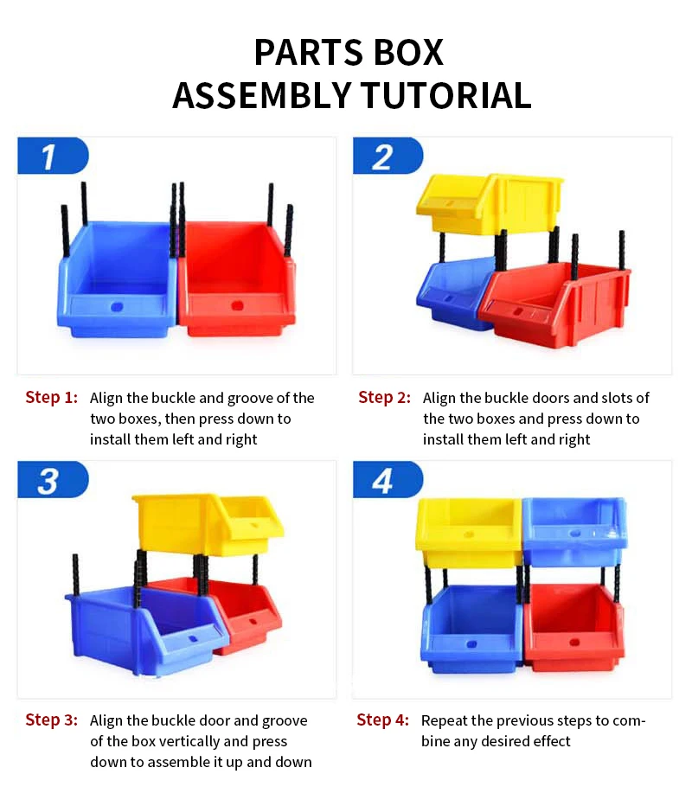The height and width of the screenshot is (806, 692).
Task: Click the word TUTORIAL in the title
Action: click(x=446, y=95)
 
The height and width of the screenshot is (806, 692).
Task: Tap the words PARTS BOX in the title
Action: click(x=348, y=52)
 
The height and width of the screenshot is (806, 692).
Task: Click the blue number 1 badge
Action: click(x=52, y=157)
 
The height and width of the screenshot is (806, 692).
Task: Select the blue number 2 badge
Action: click(x=386, y=157)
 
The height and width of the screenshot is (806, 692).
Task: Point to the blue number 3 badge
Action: click(x=52, y=480)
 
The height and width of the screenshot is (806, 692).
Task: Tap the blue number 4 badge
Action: click(x=386, y=480)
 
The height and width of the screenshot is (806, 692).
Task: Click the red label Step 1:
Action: click(x=51, y=398)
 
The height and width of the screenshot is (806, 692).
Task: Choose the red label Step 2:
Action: click(x=384, y=398)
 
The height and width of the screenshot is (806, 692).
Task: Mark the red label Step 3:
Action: click(x=51, y=720)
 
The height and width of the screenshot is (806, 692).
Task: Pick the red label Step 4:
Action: click(x=382, y=720)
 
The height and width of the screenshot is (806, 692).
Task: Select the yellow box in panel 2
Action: click(x=489, y=203)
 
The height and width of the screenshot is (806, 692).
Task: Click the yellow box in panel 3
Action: click(x=208, y=523)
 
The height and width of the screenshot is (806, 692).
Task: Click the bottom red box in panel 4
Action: click(x=573, y=627)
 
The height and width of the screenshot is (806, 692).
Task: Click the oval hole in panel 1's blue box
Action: click(x=117, y=306)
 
